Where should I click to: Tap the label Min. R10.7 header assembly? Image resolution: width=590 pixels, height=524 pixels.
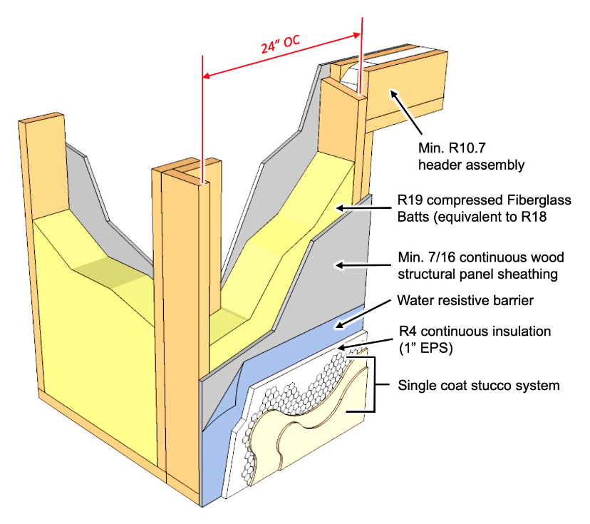[471, 158]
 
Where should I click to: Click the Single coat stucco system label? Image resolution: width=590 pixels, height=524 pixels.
[478, 386]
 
